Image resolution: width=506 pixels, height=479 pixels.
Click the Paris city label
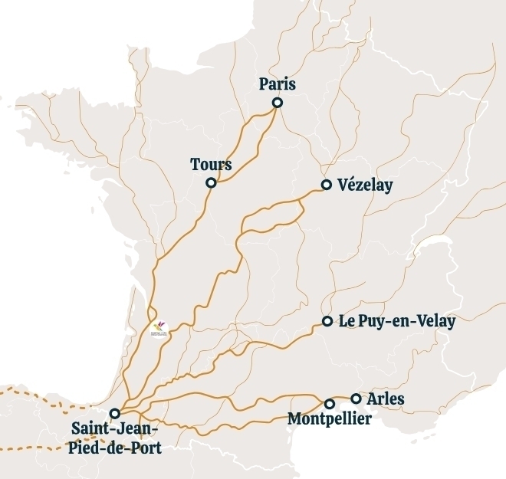(x=278, y=84)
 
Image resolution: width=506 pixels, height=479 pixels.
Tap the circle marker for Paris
(x=278, y=103)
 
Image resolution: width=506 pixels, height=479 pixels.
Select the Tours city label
(x=211, y=165)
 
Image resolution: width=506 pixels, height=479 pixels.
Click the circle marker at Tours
(x=211, y=183)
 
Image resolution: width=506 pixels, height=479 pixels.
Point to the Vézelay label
(x=365, y=185)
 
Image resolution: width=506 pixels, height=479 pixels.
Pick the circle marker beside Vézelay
(x=327, y=185)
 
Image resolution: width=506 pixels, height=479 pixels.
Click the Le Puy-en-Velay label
(x=397, y=322)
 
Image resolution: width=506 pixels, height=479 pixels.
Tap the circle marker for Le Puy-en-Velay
(x=327, y=321)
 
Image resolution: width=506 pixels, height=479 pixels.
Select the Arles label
(x=386, y=399)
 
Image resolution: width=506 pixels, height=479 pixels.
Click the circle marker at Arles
(x=356, y=399)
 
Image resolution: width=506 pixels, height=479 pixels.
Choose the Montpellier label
(x=329, y=418)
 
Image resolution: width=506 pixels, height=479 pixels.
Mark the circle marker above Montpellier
(x=330, y=404)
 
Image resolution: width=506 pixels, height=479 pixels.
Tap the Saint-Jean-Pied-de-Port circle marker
(x=114, y=414)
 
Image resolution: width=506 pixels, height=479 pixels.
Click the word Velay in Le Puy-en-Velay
(x=434, y=322)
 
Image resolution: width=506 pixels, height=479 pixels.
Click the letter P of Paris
(x=264, y=84)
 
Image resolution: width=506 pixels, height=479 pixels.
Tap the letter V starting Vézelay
(x=342, y=185)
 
